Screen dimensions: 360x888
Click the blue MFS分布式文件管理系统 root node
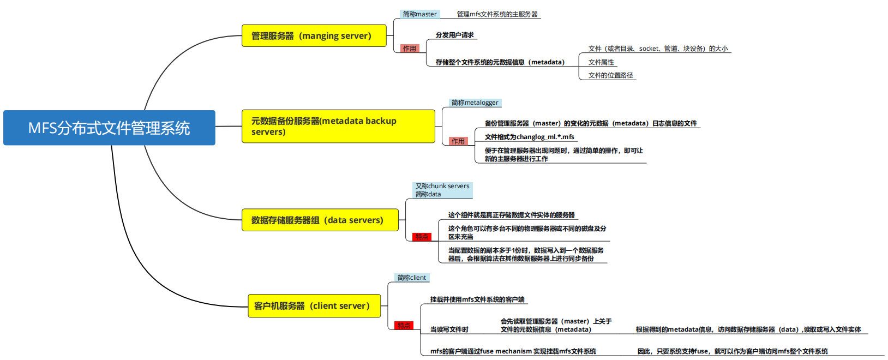coord(109,128)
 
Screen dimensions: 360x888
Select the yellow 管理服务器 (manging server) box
coord(314,36)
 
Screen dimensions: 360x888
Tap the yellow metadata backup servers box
coord(338,126)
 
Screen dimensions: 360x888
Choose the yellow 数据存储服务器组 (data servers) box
coord(320,220)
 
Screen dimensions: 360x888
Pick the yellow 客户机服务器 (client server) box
coord(314,306)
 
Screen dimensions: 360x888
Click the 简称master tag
coord(419,14)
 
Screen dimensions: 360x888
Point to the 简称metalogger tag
coord(475,103)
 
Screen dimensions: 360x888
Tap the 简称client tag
coord(412,278)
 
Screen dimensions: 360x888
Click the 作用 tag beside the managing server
coord(410,49)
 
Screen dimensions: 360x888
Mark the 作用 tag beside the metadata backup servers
coord(458,141)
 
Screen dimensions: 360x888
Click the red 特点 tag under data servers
coord(422,237)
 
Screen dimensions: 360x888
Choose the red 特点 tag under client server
coord(404,326)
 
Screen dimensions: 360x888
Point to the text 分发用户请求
coord(454,35)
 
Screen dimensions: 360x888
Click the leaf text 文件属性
coord(601,62)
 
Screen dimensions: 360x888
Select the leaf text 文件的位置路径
coord(610,75)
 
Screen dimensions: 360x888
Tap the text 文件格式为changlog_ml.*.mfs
coord(529,137)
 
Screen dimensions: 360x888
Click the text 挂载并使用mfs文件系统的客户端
coord(477,299)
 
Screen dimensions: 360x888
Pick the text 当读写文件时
coord(449,329)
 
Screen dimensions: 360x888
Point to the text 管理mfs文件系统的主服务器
coord(497,14)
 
